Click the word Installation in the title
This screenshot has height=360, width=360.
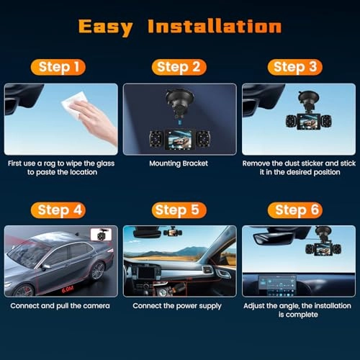click(214, 27)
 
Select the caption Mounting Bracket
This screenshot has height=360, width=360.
click(180, 163)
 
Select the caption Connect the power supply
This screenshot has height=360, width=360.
click(180, 306)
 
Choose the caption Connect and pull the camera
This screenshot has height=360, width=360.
click(60, 306)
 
